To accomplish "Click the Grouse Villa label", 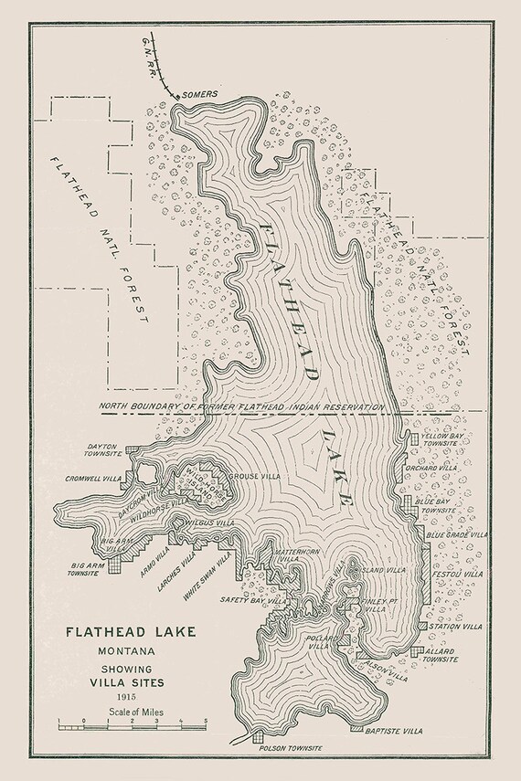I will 256,477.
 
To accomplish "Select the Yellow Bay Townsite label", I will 444,442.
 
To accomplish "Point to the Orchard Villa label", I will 441,467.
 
